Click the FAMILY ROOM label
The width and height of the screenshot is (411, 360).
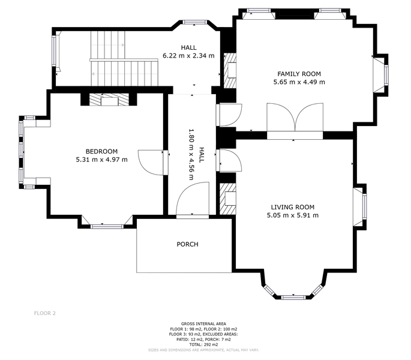click(x=299, y=74)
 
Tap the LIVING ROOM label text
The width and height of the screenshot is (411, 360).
click(x=293, y=207)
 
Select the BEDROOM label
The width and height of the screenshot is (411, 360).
click(x=102, y=151)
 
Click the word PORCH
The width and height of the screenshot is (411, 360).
click(x=187, y=244)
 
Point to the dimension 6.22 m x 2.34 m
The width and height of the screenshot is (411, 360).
click(x=189, y=56)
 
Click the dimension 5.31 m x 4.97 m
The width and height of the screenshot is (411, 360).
click(x=102, y=160)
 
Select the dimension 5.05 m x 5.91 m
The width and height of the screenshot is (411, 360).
click(x=293, y=215)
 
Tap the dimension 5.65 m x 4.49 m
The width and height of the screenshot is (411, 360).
click(x=299, y=82)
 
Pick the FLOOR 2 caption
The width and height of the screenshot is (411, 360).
click(x=45, y=313)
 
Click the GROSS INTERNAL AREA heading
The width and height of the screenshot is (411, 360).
click(x=203, y=324)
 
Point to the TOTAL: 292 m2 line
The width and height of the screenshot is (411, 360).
click(x=203, y=344)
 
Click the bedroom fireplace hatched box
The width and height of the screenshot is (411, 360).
click(x=109, y=100)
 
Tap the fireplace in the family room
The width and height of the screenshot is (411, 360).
click(x=230, y=71)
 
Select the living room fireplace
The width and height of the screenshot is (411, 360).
click(x=228, y=199)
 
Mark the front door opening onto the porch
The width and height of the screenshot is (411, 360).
click(x=193, y=200)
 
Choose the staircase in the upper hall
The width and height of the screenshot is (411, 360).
click(x=125, y=58)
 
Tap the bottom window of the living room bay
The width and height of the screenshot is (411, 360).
click(x=293, y=298)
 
